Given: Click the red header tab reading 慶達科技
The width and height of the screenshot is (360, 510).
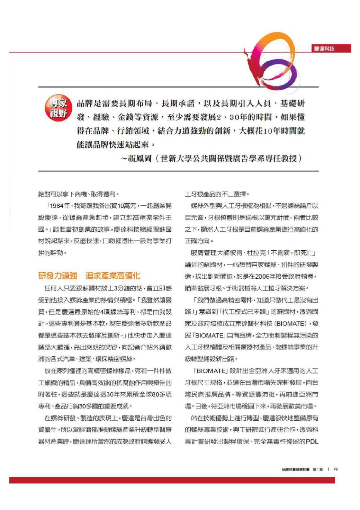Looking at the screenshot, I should point(324,49).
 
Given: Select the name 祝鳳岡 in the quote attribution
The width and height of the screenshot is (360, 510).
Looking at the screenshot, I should point(140,159).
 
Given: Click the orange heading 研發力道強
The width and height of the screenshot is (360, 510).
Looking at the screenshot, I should point(57,276).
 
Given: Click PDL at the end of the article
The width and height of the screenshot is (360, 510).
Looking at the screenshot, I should point(312,441).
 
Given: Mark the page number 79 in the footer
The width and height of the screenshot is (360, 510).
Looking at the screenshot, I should point(335,469).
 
